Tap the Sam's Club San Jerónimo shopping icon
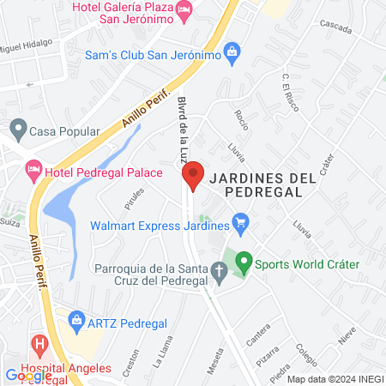[232, 53]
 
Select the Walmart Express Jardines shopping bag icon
[241, 226]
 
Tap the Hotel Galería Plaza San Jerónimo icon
[184, 10]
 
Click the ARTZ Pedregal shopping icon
[76, 323]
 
